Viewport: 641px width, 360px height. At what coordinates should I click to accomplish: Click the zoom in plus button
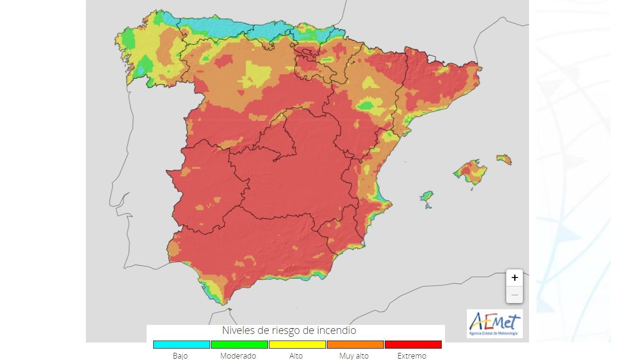point(514,278)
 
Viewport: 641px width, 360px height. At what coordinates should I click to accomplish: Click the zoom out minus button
point(514,295)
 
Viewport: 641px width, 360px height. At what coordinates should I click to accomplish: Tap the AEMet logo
point(494,323)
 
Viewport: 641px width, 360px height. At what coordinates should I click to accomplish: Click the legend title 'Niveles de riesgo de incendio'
point(289,330)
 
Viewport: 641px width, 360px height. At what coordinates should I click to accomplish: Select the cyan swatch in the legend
point(181,344)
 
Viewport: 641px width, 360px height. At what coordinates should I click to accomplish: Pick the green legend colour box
point(239,344)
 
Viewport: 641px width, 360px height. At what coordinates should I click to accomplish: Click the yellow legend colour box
point(297,344)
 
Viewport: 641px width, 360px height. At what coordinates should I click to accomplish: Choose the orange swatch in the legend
point(355,344)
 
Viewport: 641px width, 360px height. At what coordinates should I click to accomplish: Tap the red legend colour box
point(413,344)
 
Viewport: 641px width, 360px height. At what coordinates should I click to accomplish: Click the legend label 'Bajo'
point(180,356)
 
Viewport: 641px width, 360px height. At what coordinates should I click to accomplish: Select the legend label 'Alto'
point(296,356)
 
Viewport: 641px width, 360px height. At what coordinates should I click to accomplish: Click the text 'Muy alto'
point(354,356)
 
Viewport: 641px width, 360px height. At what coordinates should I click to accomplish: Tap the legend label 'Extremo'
point(412,356)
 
